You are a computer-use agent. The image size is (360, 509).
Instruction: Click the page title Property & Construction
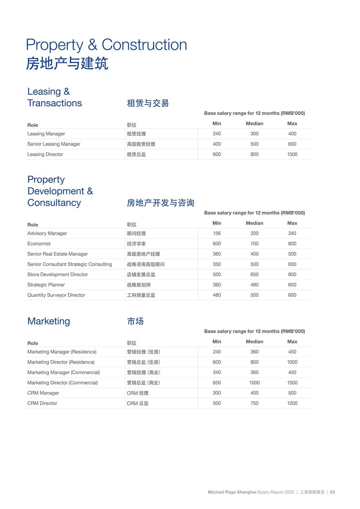(x=107, y=45)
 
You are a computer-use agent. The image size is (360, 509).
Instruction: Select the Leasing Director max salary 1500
(x=292, y=154)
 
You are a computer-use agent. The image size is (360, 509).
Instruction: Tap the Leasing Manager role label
(x=46, y=134)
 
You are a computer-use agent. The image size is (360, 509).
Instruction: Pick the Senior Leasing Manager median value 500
(x=255, y=144)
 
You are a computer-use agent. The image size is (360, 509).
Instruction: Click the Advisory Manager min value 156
(x=217, y=233)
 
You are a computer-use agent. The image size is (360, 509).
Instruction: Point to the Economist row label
(x=39, y=244)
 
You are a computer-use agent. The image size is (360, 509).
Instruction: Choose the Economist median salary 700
(x=255, y=244)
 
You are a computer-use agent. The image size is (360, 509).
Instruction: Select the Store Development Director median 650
(x=255, y=274)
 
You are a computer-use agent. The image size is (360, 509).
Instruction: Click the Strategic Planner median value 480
(x=255, y=285)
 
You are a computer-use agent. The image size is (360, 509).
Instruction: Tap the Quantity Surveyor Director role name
(x=56, y=295)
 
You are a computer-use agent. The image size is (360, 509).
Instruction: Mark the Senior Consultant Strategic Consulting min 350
(x=217, y=264)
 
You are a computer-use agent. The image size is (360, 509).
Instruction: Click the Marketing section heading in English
(x=49, y=321)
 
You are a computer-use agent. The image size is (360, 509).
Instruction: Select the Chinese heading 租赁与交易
(x=148, y=103)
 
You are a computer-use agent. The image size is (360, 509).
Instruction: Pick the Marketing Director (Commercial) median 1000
(x=255, y=383)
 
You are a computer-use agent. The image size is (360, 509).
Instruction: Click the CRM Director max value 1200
(x=292, y=403)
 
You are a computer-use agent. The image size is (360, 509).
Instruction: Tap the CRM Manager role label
(x=43, y=393)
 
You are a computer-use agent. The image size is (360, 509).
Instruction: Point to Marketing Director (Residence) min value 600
(x=217, y=362)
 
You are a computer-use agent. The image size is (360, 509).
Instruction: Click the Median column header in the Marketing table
(x=255, y=342)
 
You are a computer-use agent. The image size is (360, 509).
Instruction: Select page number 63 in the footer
(x=333, y=492)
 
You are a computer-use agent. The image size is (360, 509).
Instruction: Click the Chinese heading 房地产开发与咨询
(x=161, y=203)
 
